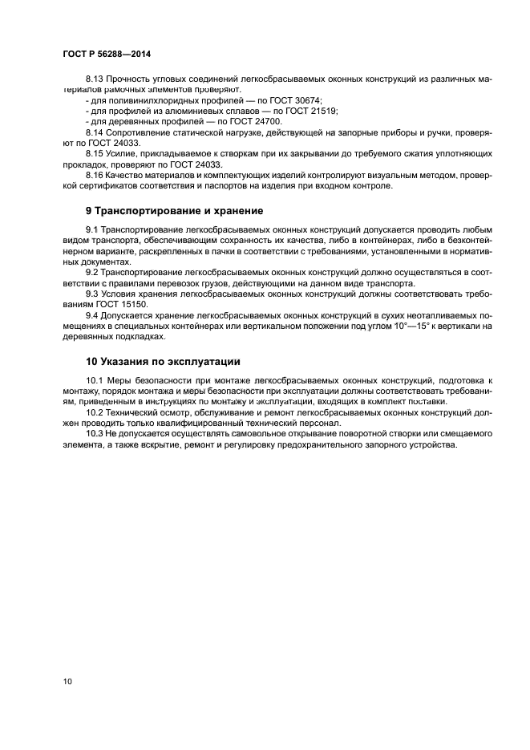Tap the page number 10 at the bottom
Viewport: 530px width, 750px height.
coord(68,681)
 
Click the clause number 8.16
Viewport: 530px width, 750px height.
coord(95,174)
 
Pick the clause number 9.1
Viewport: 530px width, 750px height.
coord(91,229)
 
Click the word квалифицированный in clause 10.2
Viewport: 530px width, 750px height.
coord(228,423)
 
